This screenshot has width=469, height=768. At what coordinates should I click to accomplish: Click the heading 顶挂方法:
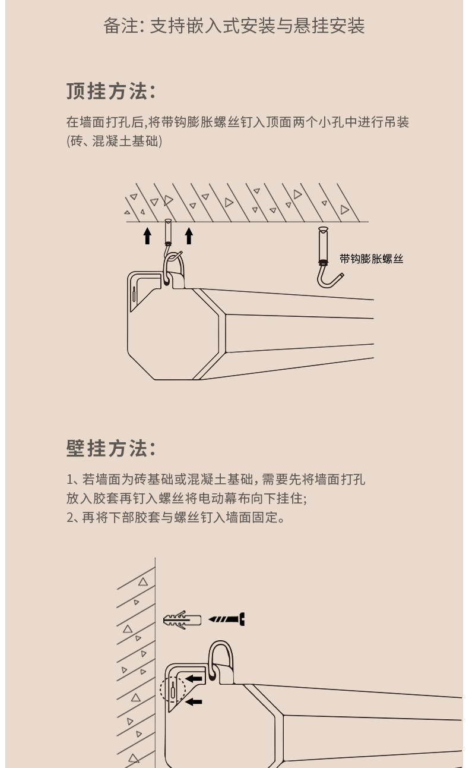(111, 92)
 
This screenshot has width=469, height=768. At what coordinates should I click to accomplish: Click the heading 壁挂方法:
(111, 448)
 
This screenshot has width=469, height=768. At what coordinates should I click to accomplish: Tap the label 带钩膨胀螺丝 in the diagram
(371, 259)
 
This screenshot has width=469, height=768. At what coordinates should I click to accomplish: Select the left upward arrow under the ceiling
(147, 235)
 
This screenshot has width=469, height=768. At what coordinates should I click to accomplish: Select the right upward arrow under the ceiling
(189, 235)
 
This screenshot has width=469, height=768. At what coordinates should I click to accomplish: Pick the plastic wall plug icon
(182, 619)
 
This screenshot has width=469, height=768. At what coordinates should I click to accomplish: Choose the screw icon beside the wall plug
(227, 619)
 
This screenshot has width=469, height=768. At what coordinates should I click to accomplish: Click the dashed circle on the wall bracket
(172, 691)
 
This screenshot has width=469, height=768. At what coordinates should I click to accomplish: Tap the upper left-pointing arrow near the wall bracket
(194, 678)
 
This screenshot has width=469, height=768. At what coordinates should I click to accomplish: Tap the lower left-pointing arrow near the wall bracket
(194, 702)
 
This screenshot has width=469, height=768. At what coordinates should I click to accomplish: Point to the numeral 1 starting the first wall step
(69, 480)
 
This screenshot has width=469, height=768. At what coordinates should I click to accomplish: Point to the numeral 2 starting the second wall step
(70, 517)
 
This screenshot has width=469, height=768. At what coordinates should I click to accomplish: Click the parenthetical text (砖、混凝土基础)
(114, 141)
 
